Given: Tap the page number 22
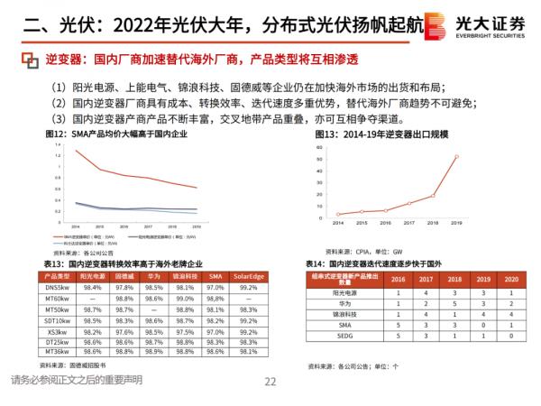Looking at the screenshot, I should [x=270, y=382].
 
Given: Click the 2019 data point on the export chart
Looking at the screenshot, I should [x=456, y=156].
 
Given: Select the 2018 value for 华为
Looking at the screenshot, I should [x=456, y=307].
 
